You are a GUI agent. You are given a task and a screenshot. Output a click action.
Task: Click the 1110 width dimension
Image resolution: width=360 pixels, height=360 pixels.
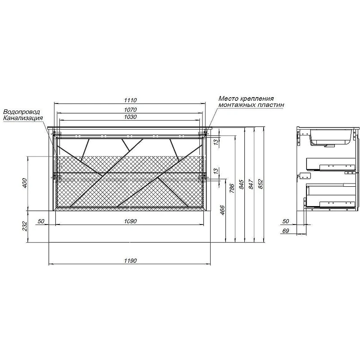130,100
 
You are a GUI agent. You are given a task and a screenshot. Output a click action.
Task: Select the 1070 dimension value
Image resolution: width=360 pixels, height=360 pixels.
130,110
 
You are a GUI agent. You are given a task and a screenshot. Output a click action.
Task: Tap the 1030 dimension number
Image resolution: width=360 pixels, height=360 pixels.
130,117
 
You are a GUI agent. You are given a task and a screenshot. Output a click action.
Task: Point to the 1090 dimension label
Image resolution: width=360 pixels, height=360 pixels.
130,221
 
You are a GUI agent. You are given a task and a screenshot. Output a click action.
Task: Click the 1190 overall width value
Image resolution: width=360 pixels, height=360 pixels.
130,261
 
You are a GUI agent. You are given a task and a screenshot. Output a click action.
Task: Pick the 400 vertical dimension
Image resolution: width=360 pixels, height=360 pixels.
25,183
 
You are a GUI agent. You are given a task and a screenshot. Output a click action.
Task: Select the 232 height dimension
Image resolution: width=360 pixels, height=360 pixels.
25,226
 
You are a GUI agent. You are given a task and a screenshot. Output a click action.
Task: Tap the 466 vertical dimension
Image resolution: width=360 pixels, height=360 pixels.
222,210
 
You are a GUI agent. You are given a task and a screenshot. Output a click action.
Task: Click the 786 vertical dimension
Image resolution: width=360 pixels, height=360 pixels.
232,188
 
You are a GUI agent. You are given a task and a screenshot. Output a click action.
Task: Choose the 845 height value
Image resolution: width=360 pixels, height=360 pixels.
241,184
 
